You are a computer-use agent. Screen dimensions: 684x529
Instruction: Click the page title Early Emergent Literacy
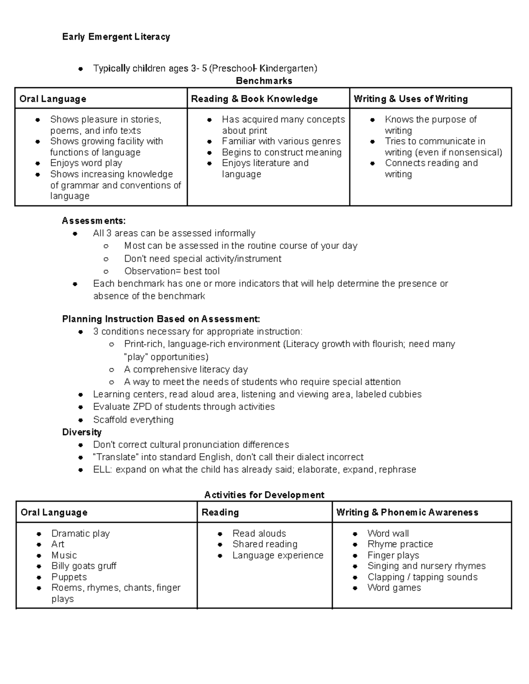tap(116, 37)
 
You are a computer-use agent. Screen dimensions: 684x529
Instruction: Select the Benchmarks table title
tap(264, 81)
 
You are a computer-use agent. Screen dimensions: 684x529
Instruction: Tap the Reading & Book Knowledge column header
tap(254, 99)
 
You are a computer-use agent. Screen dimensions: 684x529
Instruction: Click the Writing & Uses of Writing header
tap(410, 99)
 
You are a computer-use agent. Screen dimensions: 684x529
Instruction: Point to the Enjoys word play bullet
tap(86, 163)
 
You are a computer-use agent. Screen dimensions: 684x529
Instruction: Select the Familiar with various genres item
tap(281, 141)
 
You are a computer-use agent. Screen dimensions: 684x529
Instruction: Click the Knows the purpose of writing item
tap(430, 125)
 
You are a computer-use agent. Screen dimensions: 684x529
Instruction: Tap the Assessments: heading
tap(93, 221)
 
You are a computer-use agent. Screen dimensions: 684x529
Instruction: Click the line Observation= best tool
tap(172, 271)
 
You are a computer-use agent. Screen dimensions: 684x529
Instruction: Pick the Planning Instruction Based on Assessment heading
tap(161, 319)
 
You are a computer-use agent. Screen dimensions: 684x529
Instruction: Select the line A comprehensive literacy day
tap(186, 370)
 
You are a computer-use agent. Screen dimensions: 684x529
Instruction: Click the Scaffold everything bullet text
tap(133, 420)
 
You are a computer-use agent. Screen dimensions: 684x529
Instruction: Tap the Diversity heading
tap(82, 432)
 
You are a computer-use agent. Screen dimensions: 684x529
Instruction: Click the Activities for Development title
tap(264, 495)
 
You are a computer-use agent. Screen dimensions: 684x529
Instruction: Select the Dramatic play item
tap(80, 534)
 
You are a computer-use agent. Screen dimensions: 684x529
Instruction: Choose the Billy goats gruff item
tap(84, 566)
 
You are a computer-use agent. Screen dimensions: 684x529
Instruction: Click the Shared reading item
tap(264, 544)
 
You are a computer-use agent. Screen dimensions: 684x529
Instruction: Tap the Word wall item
tap(388, 534)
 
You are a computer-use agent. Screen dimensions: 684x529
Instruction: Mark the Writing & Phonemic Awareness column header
tap(407, 513)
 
